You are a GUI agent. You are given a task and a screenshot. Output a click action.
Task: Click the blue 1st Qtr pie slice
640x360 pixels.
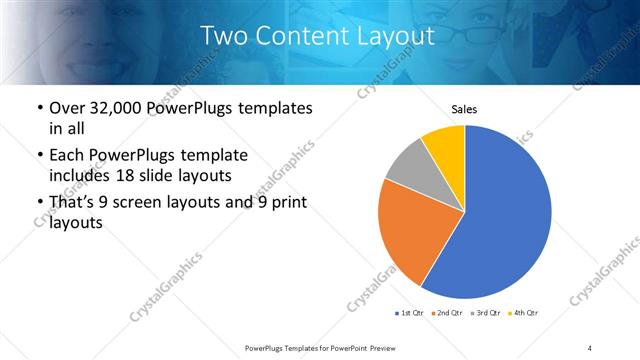coord(505,215)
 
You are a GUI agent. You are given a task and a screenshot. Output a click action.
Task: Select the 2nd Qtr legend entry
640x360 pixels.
coord(447,313)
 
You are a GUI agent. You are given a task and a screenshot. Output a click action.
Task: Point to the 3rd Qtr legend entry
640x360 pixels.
coord(486,313)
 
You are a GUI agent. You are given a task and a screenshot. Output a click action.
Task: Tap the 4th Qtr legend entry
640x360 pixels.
coord(525,313)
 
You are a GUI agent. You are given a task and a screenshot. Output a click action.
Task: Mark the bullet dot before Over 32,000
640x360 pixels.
coord(38,109)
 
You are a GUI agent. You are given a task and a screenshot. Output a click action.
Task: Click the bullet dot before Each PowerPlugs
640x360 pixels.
coord(38,157)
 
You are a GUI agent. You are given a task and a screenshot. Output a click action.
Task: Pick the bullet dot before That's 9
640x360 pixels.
coord(38,204)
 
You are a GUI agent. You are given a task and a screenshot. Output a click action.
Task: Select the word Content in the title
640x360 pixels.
coord(301,36)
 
